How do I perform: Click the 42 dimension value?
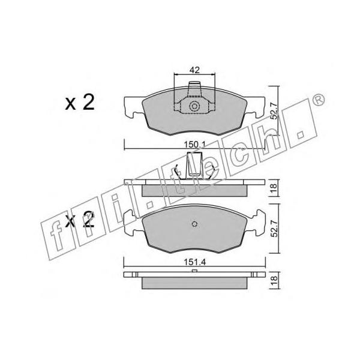(x=194, y=70)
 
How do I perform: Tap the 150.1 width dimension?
(x=194, y=145)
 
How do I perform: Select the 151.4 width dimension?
(x=194, y=262)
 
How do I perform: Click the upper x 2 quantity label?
(x=80, y=103)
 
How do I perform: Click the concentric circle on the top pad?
(x=194, y=106)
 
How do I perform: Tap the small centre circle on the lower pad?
(x=194, y=224)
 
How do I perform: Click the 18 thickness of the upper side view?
(x=274, y=188)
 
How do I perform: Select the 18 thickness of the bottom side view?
(x=274, y=280)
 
